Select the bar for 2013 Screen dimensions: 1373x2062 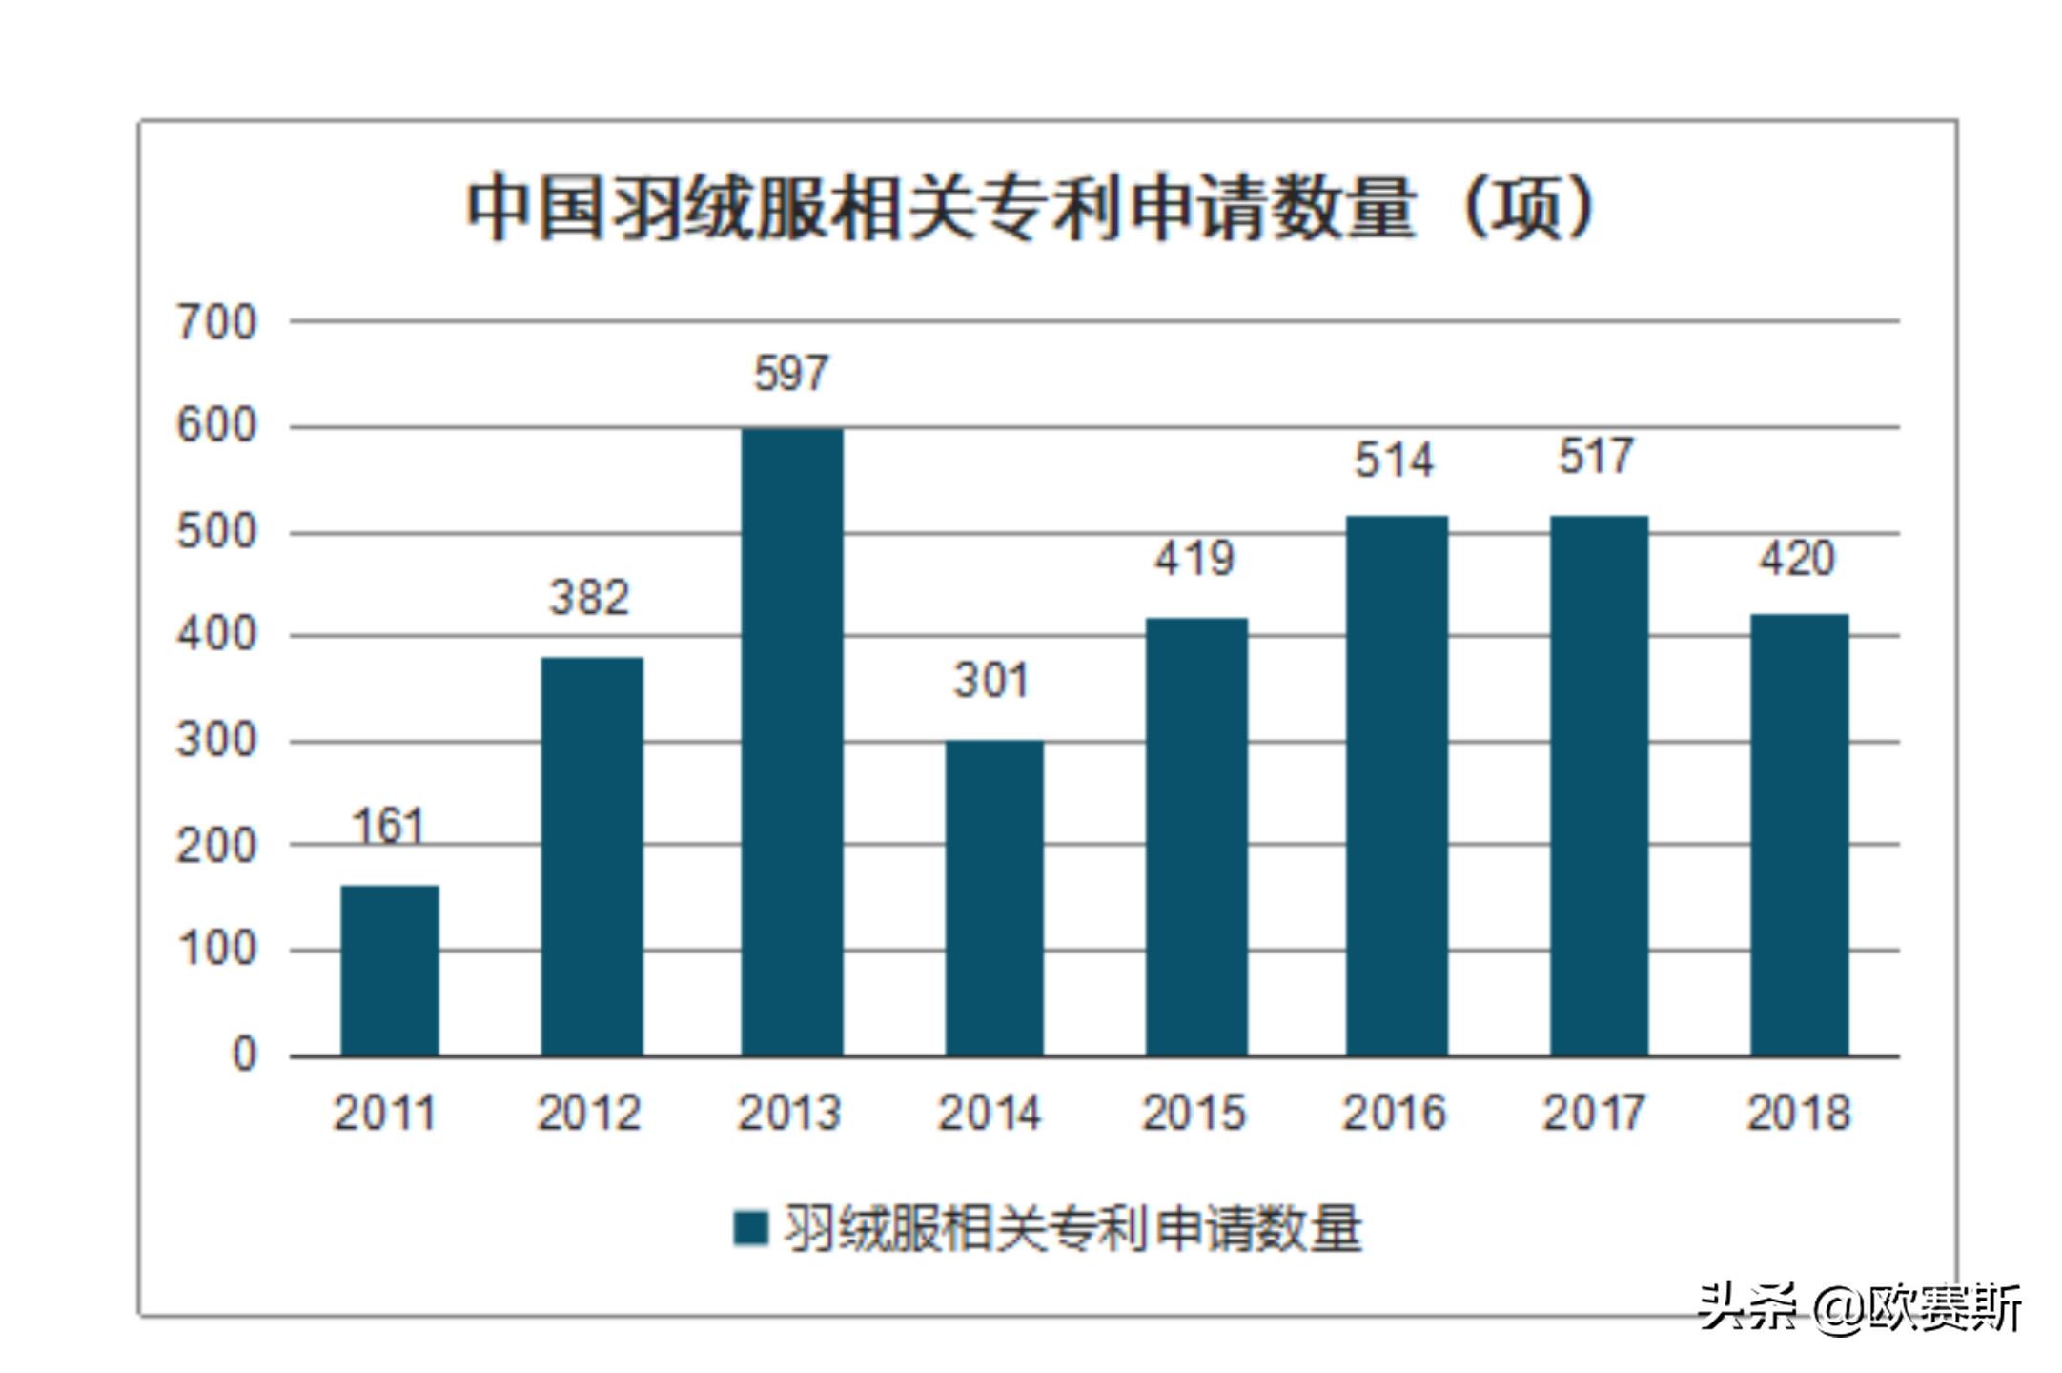point(792,742)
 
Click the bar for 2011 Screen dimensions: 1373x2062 point(390,971)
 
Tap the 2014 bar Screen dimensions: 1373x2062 point(994,898)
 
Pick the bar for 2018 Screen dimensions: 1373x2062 point(1799,835)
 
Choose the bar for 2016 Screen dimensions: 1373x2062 point(1397,786)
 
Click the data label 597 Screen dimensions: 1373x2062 point(791,373)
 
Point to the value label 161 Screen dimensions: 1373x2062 point(388,826)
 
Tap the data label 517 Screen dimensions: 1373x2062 point(1596,456)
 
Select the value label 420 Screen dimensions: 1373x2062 point(1796,558)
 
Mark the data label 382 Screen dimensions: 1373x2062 point(589,598)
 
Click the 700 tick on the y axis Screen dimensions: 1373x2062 point(216,323)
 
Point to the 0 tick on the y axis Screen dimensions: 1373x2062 point(244,1055)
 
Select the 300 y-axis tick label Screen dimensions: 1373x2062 point(216,741)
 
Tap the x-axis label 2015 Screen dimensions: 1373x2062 point(1194,1113)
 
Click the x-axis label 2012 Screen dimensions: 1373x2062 point(589,1113)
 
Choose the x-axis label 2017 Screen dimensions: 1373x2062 point(1594,1113)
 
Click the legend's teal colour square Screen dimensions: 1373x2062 point(750,1228)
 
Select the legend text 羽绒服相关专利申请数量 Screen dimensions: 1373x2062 point(1072,1228)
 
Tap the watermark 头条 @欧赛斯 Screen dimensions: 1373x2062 point(1859,1307)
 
